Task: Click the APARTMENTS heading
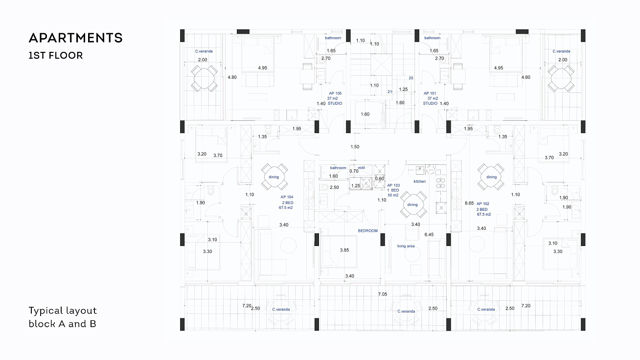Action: coord(76,38)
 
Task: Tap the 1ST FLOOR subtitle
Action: coord(56,55)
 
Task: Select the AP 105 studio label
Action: coord(335,98)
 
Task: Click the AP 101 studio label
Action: coord(430,98)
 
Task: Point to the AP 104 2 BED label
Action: coord(286,202)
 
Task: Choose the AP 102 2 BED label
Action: coord(483,209)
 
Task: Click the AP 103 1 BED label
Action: coord(393,190)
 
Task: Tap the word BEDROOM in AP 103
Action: coord(368,230)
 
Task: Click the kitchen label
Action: coord(420,181)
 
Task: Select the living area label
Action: coord(406,246)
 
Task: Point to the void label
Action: coord(362,168)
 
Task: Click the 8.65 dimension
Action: coord(469,203)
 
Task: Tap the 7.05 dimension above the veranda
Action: coord(383,294)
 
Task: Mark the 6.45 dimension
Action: coord(429,235)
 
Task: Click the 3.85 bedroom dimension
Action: coord(344,250)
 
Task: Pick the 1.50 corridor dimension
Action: coord(355,147)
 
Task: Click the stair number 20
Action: coord(411,78)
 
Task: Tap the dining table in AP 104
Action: coord(274,177)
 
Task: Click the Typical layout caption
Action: coord(63,311)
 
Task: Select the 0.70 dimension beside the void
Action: coord(354,171)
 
